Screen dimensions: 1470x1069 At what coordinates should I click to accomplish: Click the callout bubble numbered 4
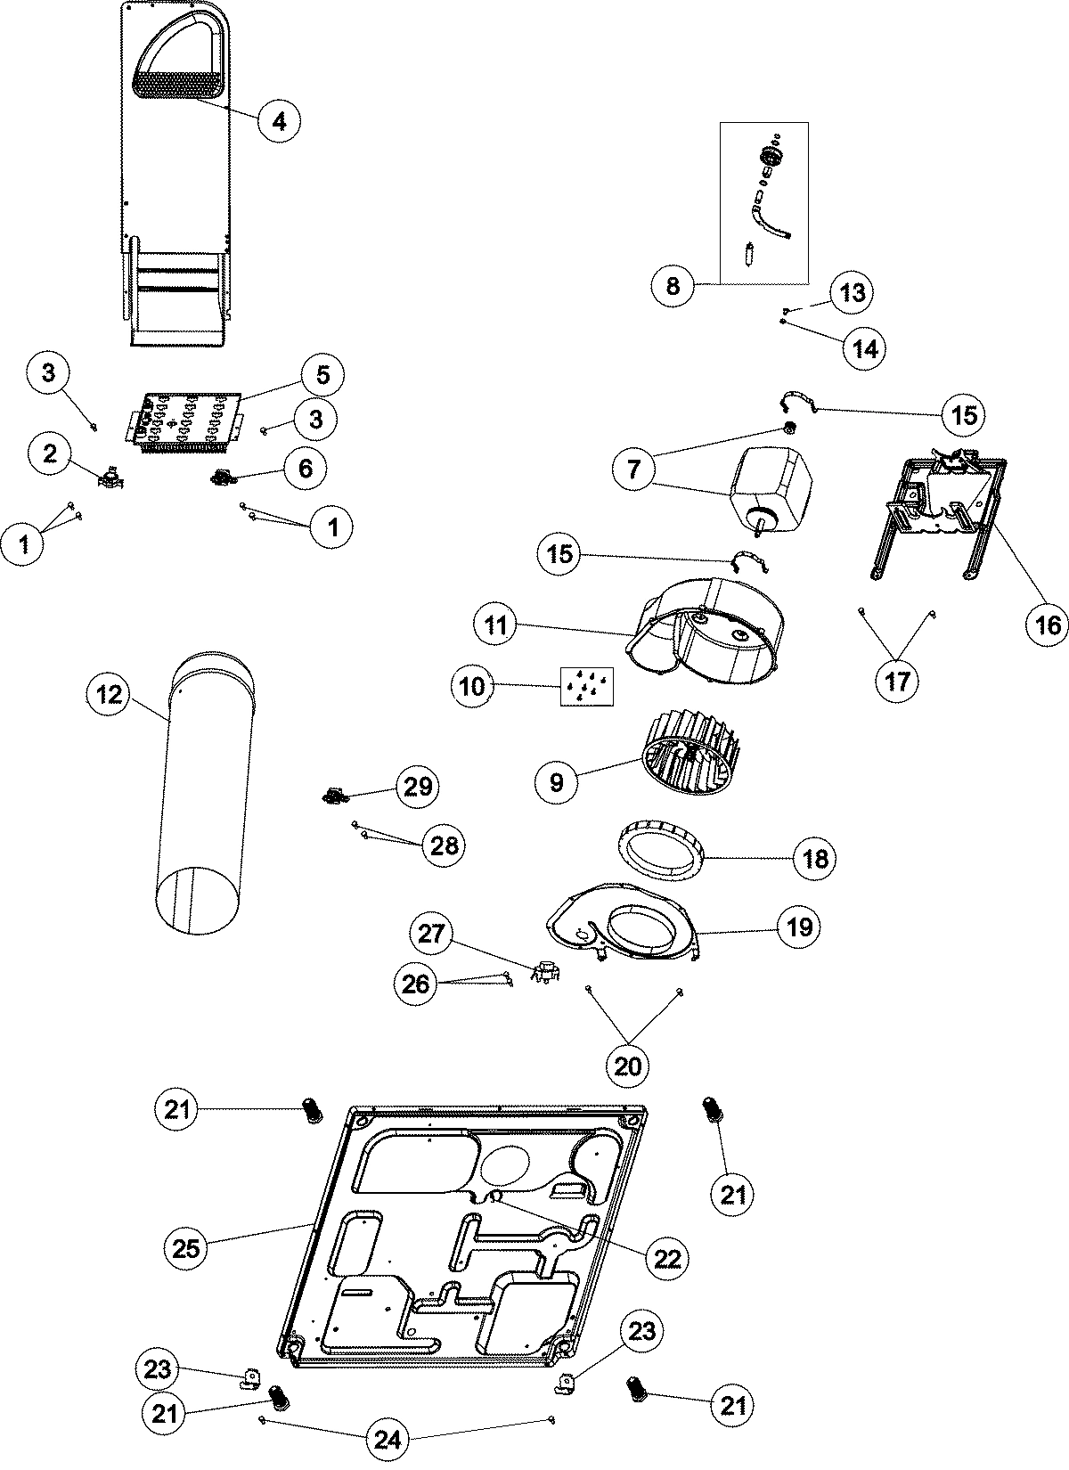coord(279,121)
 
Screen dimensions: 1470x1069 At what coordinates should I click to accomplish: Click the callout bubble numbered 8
coord(673,285)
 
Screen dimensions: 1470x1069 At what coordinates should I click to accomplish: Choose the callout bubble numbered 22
coord(667,1258)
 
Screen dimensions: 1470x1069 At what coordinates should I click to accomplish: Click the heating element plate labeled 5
coord(187,417)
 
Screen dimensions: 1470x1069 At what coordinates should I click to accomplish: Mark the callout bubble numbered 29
coord(418,786)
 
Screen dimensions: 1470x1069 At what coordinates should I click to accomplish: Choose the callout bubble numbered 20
coord(628,1066)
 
